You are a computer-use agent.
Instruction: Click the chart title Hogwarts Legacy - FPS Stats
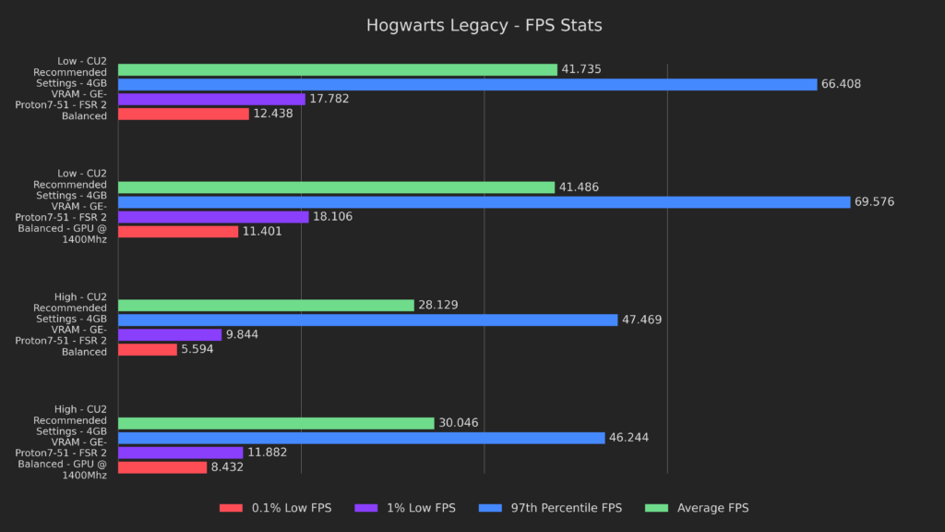pos(484,25)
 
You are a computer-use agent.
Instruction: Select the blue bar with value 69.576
pos(484,202)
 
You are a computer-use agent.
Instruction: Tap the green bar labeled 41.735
pos(338,69)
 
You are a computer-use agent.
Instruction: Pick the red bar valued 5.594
pos(148,349)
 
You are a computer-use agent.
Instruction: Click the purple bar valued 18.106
pos(213,217)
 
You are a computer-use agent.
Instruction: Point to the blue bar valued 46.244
pos(361,438)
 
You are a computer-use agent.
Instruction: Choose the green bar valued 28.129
pos(266,305)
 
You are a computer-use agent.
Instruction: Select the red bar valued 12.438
pos(184,114)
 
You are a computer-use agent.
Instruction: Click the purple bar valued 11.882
pos(180,453)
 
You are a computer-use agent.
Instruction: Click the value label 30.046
pos(458,423)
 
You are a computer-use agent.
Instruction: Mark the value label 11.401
pos(262,232)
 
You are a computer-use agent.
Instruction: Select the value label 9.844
pos(244,334)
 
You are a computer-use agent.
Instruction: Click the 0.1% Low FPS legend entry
pos(275,508)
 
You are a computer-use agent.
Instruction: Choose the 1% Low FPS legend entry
pos(406,508)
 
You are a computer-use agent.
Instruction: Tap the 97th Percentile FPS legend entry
pos(551,508)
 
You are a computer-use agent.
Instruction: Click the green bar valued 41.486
pos(336,187)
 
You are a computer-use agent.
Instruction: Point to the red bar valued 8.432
pos(162,467)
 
